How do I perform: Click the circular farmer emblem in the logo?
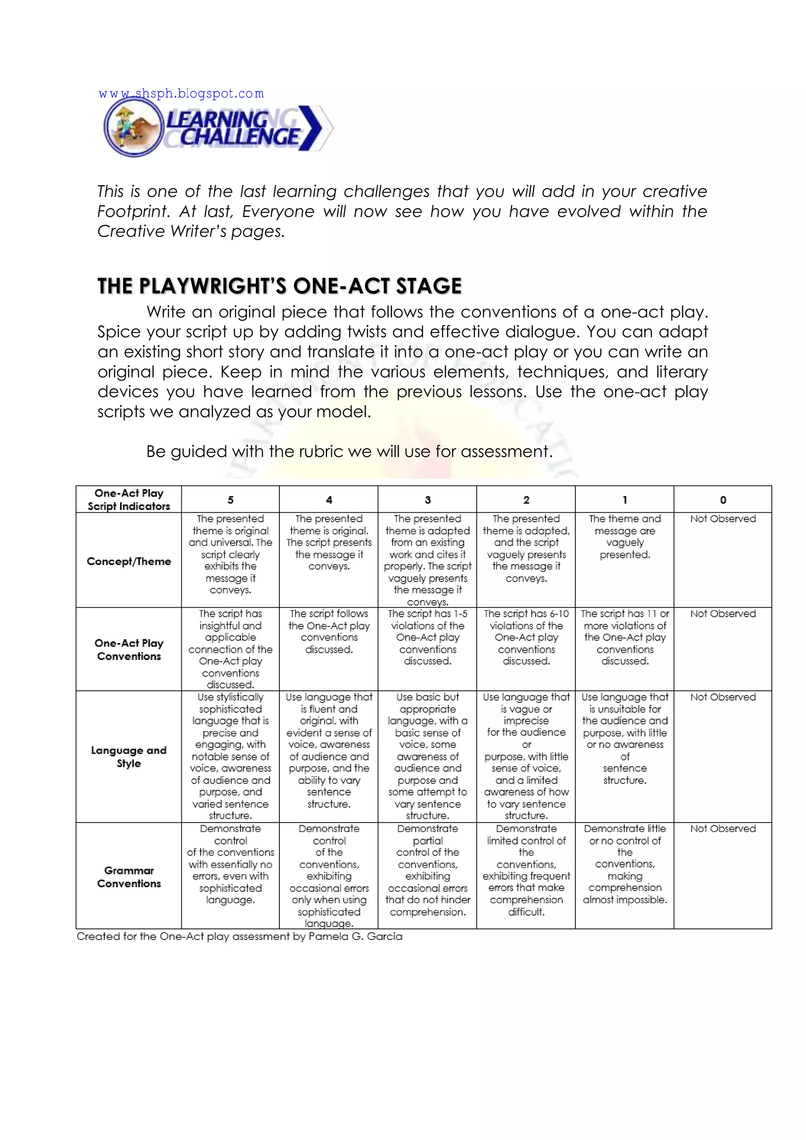click(133, 128)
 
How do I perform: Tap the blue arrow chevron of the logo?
click(311, 128)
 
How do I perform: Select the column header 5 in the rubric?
click(230, 499)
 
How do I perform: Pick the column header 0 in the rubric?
click(723, 499)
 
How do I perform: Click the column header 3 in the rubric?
click(427, 499)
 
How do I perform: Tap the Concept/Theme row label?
click(129, 561)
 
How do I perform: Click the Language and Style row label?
click(129, 757)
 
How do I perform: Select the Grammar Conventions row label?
click(129, 877)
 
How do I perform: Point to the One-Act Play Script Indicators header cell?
click(129, 499)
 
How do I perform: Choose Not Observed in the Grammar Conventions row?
click(723, 829)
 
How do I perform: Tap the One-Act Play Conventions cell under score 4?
click(329, 632)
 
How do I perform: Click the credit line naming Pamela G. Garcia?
click(239, 936)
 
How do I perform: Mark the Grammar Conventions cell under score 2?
click(526, 870)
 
